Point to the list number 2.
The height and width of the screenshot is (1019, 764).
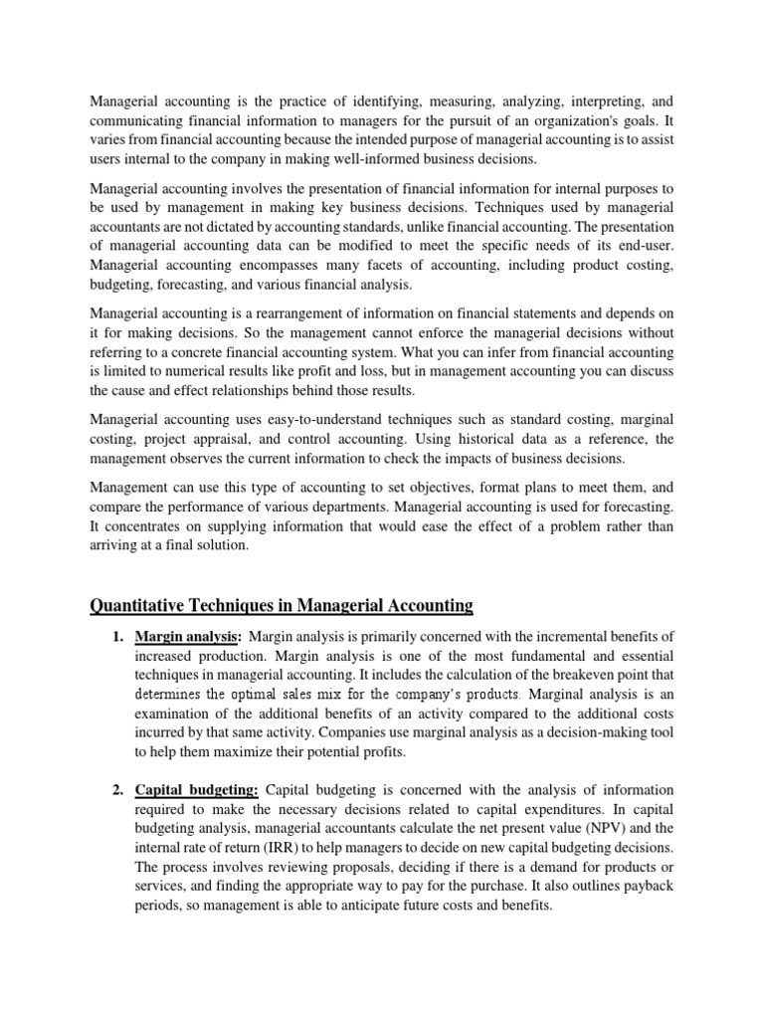coord(114,790)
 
